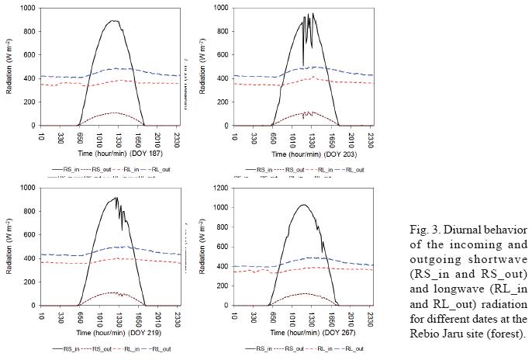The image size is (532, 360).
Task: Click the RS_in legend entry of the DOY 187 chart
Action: tap(64, 168)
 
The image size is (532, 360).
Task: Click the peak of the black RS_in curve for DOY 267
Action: tap(304, 205)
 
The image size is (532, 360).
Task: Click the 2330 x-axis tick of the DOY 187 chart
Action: tap(177, 139)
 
